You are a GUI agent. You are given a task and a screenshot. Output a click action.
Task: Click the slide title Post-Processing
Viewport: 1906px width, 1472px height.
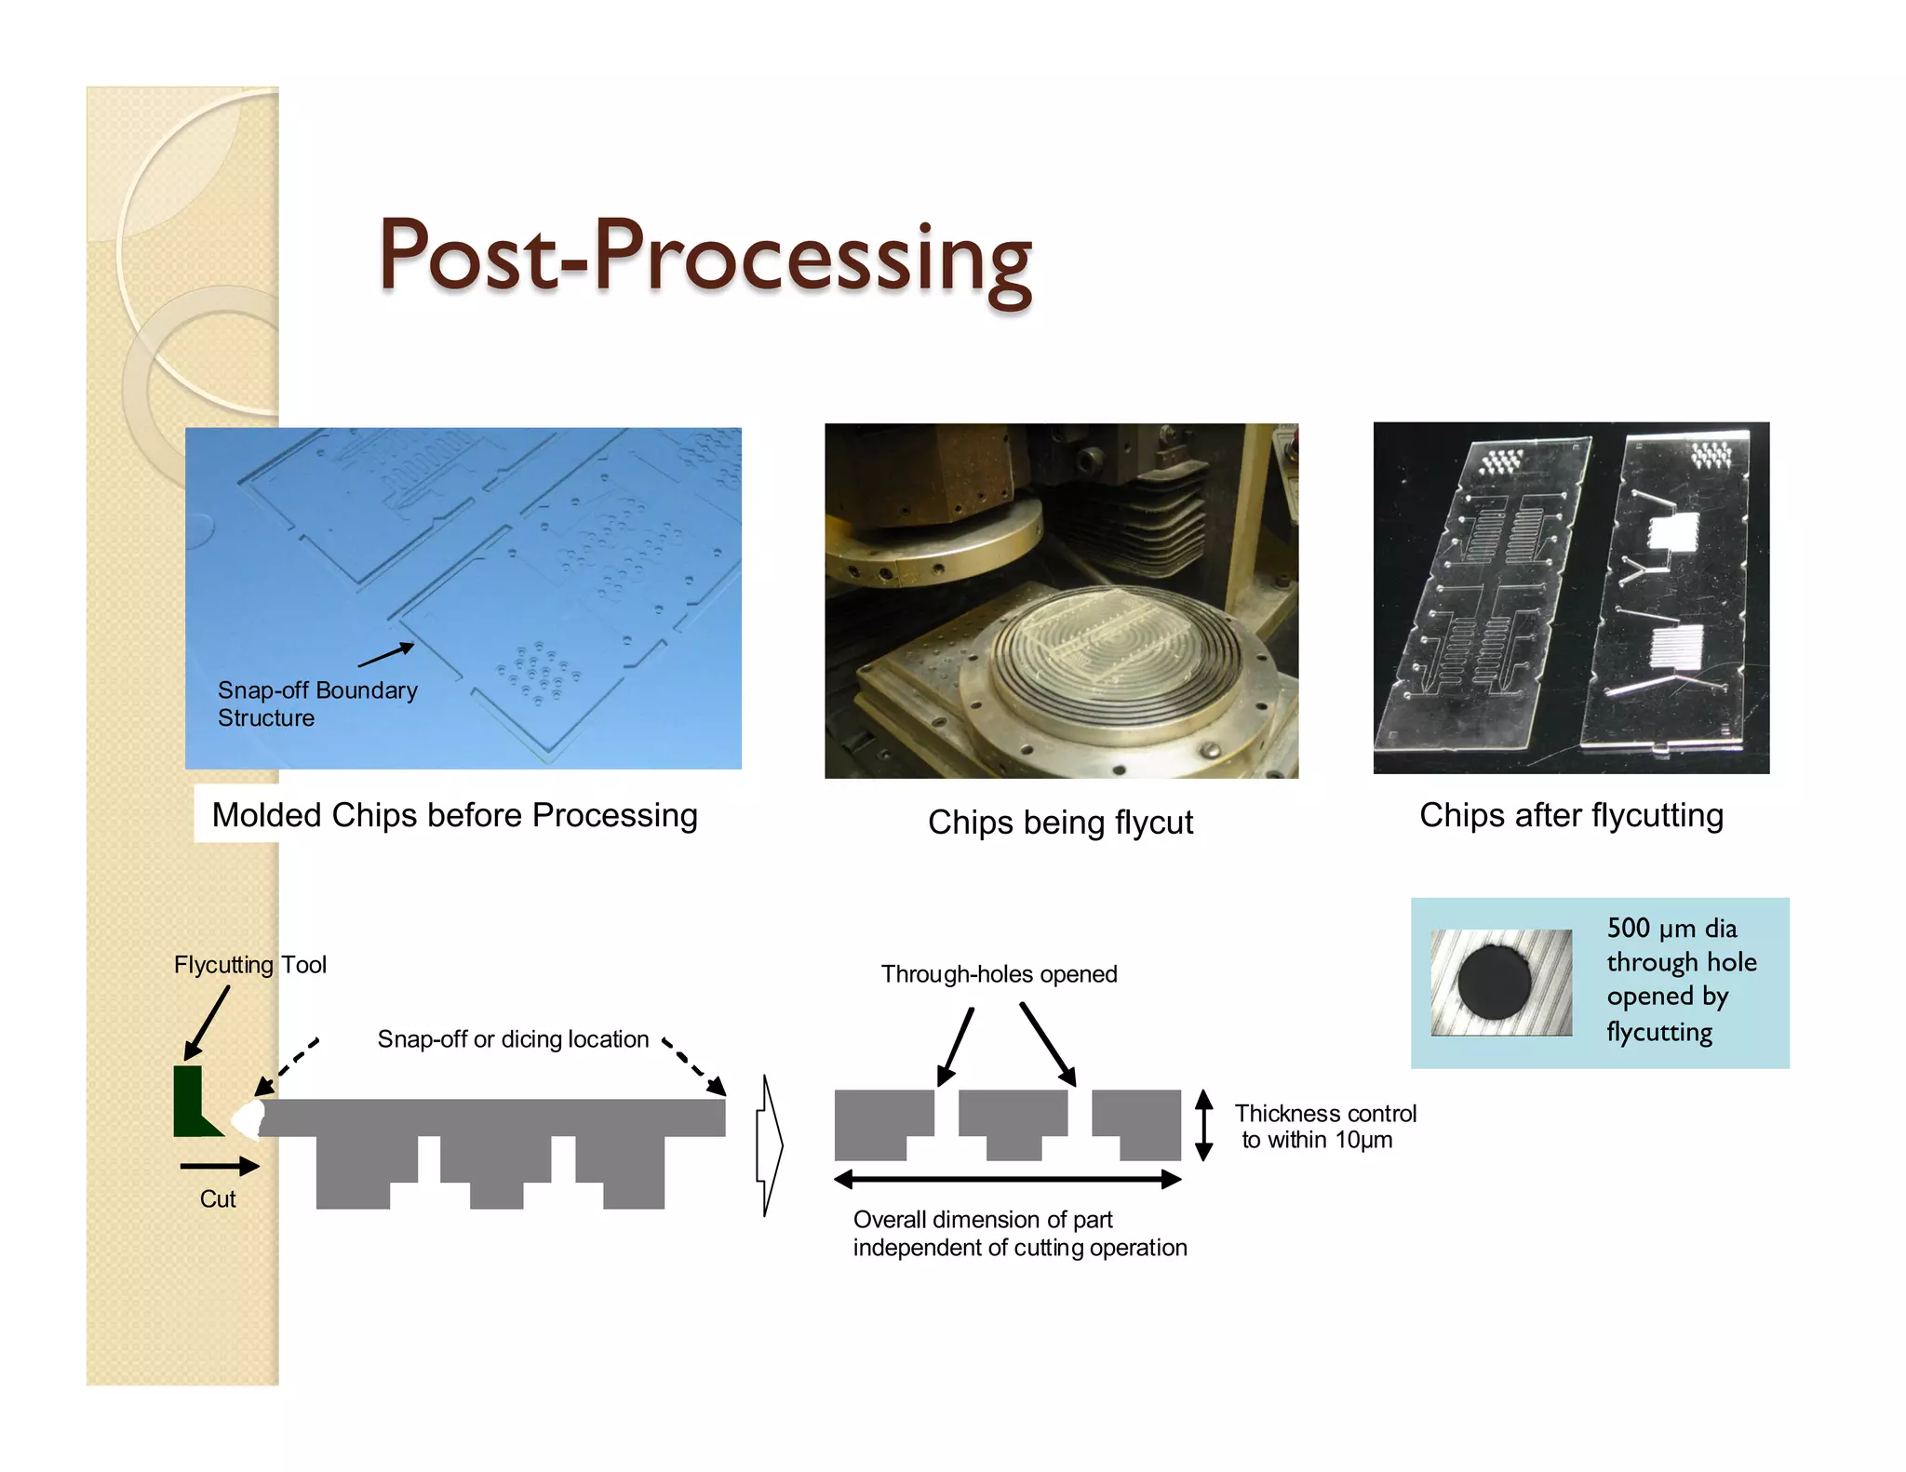705,257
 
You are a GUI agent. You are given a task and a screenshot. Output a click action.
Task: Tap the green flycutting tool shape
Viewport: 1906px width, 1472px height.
191,1104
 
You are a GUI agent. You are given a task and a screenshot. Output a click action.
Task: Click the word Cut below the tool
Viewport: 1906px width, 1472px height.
218,1199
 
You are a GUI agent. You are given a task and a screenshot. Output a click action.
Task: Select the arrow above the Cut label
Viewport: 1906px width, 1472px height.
220,1166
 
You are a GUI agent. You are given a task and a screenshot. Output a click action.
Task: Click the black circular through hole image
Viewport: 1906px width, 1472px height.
1494,983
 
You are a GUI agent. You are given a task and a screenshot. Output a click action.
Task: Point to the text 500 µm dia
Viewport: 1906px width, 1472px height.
1671,928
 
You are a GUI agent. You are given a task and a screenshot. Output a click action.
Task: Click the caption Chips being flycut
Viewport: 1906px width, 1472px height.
1060,823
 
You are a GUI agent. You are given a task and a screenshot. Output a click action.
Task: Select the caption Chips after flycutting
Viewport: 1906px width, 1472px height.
1571,815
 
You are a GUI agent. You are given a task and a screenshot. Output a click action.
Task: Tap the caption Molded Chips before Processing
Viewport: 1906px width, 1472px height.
454,815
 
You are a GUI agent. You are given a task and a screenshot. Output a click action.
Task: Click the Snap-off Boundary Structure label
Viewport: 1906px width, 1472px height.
317,703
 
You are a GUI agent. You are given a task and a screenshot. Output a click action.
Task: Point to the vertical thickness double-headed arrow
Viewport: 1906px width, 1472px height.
1203,1125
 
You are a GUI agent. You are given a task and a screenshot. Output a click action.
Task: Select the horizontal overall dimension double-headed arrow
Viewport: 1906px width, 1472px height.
1007,1180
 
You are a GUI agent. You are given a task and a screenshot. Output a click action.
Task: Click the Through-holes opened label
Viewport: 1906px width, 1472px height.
999,974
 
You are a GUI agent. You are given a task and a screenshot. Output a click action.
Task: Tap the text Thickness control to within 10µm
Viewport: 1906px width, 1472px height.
1324,1127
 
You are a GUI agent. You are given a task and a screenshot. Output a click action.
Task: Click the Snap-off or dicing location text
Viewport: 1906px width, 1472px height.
513,1039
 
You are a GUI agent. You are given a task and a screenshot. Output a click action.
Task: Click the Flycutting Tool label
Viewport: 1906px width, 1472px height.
249,965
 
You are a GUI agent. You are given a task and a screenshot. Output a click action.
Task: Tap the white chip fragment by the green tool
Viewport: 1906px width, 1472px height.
248,1119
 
